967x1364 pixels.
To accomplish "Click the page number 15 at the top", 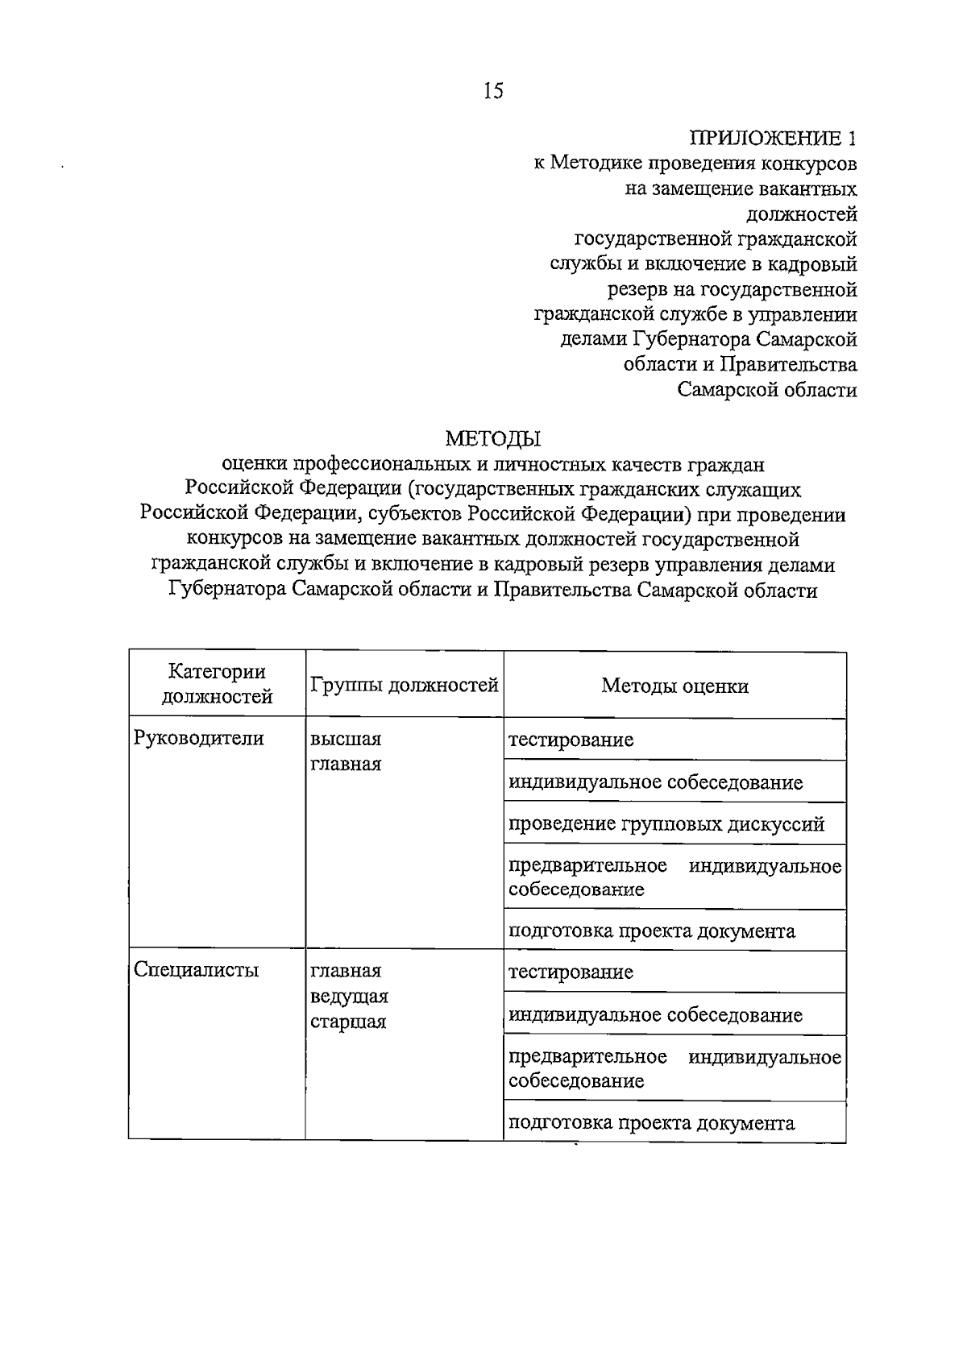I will tap(492, 91).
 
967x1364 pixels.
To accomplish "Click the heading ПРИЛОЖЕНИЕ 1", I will tap(771, 138).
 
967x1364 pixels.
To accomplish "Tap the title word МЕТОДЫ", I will tap(493, 438).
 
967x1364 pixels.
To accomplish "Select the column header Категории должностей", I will tap(217, 683).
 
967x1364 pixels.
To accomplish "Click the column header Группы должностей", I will tap(405, 686).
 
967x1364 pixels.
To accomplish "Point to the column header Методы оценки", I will tap(674, 686).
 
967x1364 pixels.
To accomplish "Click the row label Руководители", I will tap(199, 738).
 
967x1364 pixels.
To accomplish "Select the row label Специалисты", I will tap(197, 969).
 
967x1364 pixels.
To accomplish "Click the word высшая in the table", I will tap(346, 739).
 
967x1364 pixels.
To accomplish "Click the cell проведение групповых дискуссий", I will tap(666, 824).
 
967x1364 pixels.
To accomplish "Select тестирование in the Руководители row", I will tap(571, 740).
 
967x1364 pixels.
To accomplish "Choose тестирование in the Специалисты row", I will tap(571, 972).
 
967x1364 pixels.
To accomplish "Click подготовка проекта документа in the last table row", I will tap(651, 1122).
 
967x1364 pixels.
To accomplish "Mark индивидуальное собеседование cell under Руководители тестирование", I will tap(655, 782).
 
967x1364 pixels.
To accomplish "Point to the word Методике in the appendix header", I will tap(595, 164).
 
